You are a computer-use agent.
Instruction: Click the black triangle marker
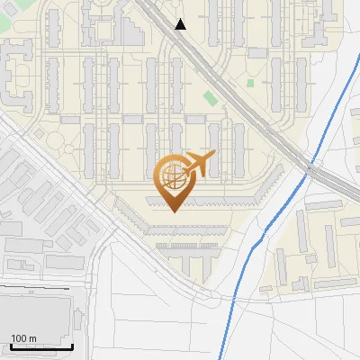click(x=181, y=24)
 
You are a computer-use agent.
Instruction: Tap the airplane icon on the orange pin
click(x=200, y=165)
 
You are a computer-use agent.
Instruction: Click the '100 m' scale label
click(x=23, y=338)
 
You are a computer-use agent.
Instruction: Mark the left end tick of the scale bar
click(x=2, y=345)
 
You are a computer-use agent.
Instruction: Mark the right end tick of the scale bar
click(x=72, y=345)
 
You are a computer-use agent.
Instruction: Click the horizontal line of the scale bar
click(x=37, y=346)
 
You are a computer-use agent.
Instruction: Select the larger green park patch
click(x=210, y=97)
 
